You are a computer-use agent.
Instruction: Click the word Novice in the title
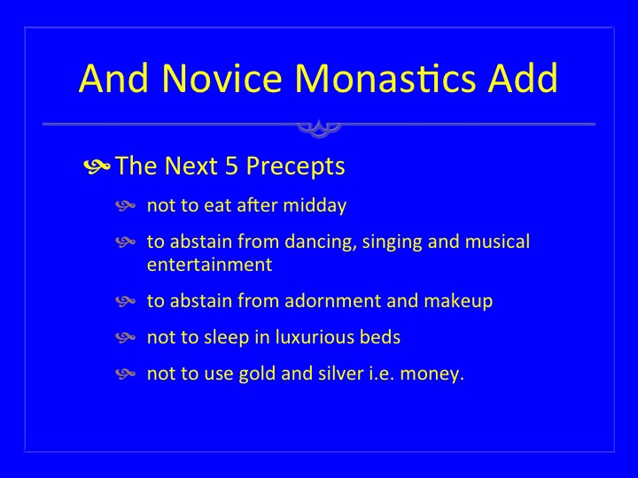coord(222,78)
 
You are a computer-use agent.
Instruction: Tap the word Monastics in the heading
coord(385,78)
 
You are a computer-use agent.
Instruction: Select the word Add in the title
coord(523,78)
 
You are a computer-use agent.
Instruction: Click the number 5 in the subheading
coord(231,166)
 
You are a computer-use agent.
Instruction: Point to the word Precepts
coord(295,166)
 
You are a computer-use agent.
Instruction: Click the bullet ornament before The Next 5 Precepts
coord(97,166)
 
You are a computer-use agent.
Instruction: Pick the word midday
coord(315,205)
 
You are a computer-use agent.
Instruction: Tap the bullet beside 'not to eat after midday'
coord(125,205)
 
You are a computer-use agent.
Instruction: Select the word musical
coord(497,241)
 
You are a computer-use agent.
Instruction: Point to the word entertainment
coord(209,265)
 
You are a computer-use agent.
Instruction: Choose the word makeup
coord(458,302)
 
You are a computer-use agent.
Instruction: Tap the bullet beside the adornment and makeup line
coord(125,301)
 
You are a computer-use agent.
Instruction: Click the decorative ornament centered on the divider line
coord(319,128)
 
